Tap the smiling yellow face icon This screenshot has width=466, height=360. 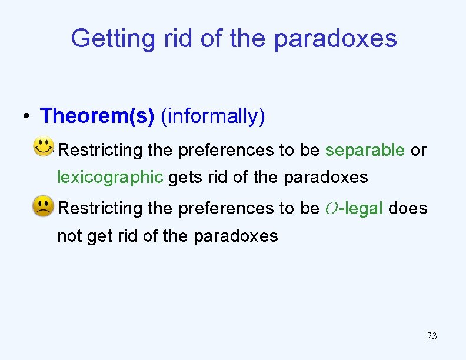[44, 146]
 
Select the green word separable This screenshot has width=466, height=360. [365, 150]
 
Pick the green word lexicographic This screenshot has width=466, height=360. [109, 176]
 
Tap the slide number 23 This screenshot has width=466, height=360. [431, 336]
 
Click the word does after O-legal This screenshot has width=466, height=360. [408, 208]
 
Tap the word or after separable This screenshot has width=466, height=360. [418, 150]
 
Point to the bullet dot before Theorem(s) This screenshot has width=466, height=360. [27, 116]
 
